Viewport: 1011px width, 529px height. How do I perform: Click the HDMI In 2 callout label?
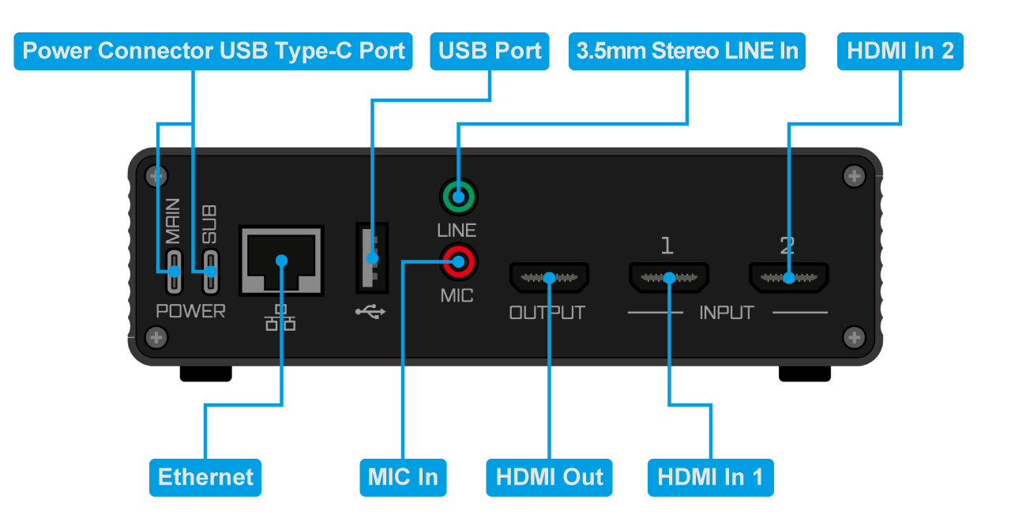(x=900, y=51)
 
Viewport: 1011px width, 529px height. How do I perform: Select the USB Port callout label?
(x=490, y=51)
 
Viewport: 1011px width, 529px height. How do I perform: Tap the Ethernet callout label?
(x=205, y=477)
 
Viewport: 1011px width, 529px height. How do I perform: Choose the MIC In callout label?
(x=403, y=477)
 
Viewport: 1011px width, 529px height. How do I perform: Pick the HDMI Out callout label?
(x=549, y=477)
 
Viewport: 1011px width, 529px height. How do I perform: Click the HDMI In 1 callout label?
(x=710, y=477)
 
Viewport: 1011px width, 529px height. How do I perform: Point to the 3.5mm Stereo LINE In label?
(x=687, y=51)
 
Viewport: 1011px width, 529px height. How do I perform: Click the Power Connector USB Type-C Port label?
(x=213, y=51)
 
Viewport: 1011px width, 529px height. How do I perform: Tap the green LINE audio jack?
(x=458, y=197)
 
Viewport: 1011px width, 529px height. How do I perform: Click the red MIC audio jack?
(x=458, y=260)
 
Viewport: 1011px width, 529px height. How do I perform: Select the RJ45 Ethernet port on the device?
(x=281, y=261)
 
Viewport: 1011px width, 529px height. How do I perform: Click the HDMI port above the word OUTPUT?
(x=549, y=278)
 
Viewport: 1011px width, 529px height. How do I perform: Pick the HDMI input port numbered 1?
(x=668, y=278)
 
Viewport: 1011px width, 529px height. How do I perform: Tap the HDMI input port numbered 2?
(x=788, y=278)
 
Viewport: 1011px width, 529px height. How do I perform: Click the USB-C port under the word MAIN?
(x=174, y=272)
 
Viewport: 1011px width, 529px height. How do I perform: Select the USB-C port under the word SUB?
(x=210, y=272)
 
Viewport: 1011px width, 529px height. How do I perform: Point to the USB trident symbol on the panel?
(x=370, y=312)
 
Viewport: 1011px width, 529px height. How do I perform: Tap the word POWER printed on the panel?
(x=190, y=311)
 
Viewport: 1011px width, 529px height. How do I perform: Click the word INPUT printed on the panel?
(x=727, y=313)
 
